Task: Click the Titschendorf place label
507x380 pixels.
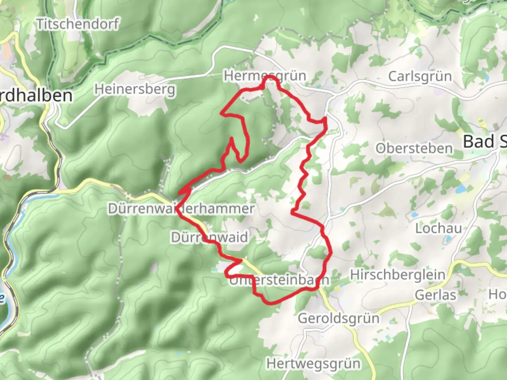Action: pyautogui.click(x=78, y=24)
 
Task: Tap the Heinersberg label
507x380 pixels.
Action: pyautogui.click(x=135, y=89)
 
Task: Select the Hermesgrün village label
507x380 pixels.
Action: pyautogui.click(x=265, y=76)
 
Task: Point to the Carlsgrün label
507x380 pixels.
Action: pyautogui.click(x=420, y=76)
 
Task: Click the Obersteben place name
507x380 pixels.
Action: pyautogui.click(x=414, y=148)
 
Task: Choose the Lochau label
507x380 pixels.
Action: pyautogui.click(x=438, y=228)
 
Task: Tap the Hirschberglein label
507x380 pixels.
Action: pyautogui.click(x=398, y=274)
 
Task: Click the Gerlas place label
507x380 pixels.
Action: pyautogui.click(x=435, y=295)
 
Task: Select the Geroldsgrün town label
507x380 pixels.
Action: pyautogui.click(x=339, y=318)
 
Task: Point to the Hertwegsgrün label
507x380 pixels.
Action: pyautogui.click(x=313, y=363)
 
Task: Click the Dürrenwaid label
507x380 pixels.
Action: pyautogui.click(x=209, y=237)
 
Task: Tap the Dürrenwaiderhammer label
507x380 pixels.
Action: pyautogui.click(x=181, y=209)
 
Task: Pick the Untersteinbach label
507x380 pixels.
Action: pyautogui.click(x=280, y=280)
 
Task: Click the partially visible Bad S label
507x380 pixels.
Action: pyautogui.click(x=484, y=141)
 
